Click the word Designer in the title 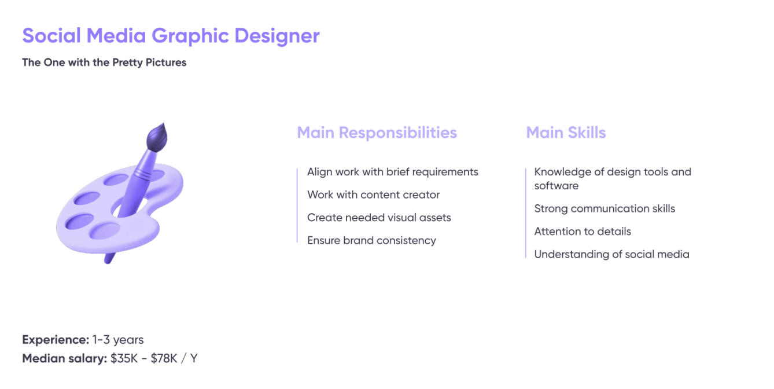277,36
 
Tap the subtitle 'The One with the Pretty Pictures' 104,63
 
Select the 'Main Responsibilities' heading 377,133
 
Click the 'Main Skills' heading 566,133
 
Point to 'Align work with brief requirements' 393,172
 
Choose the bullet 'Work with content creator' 374,195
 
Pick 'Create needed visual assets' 379,218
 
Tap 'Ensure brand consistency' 371,240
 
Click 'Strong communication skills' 605,208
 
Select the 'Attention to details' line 583,232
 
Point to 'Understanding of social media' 612,255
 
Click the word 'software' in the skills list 556,186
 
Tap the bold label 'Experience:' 56,340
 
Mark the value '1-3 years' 118,340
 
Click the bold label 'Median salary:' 65,358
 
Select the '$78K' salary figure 164,358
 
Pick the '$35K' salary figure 124,358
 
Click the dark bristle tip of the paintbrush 157,137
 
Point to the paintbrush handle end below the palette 109,259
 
